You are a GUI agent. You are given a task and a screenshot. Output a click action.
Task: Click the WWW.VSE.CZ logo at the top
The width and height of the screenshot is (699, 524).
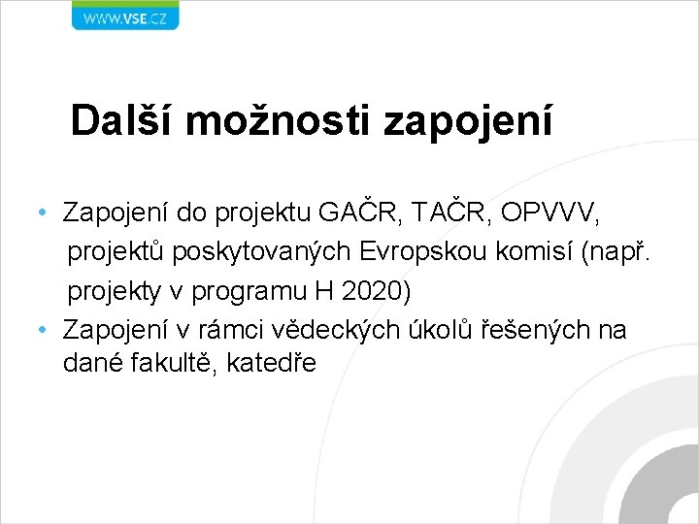[125, 16]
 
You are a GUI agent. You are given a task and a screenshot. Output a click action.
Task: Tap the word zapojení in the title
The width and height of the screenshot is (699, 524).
[468, 120]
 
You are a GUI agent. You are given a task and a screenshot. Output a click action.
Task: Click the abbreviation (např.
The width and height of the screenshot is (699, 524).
[621, 251]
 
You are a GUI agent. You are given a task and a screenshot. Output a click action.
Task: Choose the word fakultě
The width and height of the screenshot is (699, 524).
[180, 364]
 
